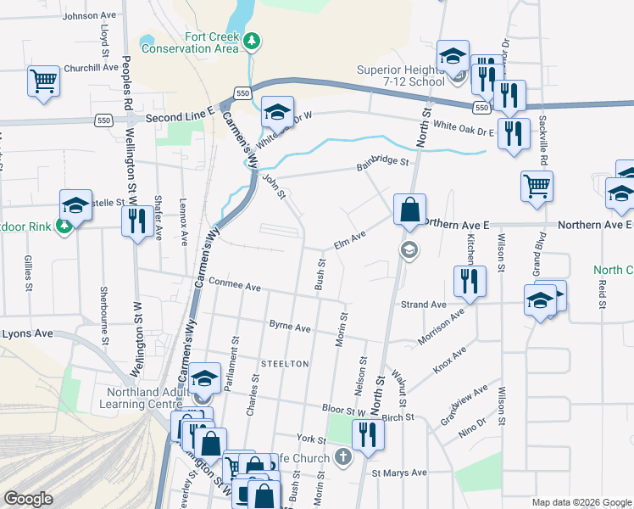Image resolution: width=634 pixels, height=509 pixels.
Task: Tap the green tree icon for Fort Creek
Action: (x=252, y=41)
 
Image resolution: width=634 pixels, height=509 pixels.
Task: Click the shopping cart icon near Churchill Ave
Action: (x=43, y=81)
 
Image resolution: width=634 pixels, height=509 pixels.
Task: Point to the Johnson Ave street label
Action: (x=88, y=16)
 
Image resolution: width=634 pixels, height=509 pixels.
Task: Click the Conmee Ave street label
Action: (x=234, y=287)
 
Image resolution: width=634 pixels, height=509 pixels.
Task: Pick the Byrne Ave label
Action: (x=290, y=326)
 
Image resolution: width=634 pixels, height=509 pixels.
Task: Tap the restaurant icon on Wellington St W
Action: (x=136, y=221)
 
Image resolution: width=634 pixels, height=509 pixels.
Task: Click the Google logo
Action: (x=28, y=500)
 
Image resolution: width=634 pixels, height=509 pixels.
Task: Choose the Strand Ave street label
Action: (x=423, y=305)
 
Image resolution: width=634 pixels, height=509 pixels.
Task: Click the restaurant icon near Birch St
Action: (x=367, y=433)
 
